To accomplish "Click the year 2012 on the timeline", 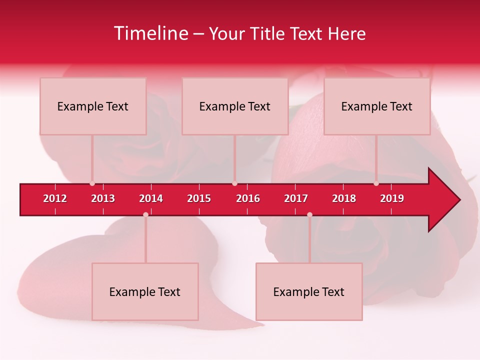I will (x=55, y=198).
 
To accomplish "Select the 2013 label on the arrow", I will (x=103, y=198).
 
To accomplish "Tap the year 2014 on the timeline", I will (x=151, y=198).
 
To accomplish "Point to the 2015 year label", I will (x=199, y=198).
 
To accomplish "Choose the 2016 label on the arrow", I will (x=248, y=198).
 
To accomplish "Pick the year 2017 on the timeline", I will (x=296, y=198).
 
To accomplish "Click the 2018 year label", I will (x=344, y=198).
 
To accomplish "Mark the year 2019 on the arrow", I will (x=392, y=198).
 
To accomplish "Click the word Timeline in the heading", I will (x=150, y=33).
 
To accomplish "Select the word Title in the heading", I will (x=269, y=33).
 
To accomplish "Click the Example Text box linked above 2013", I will (x=93, y=106).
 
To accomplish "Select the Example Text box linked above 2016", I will (x=235, y=106).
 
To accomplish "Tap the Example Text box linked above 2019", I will (x=377, y=106).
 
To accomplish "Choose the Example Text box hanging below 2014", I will (x=145, y=291).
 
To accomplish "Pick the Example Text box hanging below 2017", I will (x=309, y=291).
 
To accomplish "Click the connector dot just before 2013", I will (x=92, y=183).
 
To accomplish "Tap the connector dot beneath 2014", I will (x=145, y=214).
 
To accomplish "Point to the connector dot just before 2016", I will (x=234, y=183).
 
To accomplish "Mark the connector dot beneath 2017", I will (x=309, y=214).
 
